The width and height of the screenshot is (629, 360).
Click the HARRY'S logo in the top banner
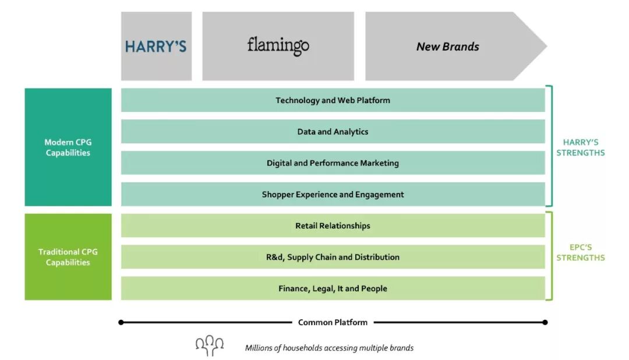tap(156, 47)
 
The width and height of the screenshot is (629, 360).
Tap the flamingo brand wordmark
tap(278, 45)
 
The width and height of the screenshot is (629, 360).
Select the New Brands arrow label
tap(447, 47)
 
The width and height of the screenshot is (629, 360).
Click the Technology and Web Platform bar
tap(333, 100)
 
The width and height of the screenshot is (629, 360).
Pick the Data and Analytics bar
tap(333, 132)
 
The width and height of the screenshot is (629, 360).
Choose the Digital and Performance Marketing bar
tap(333, 163)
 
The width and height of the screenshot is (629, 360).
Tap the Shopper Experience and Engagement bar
tap(333, 195)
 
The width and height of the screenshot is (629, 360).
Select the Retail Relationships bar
tap(333, 226)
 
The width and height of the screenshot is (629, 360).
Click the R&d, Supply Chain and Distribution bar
tap(333, 257)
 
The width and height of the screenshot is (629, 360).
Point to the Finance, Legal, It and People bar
tap(333, 289)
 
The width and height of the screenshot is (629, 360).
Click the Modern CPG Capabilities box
tap(68, 147)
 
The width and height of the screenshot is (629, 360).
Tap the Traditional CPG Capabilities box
tap(68, 257)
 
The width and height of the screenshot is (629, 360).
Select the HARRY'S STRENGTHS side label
tap(580, 147)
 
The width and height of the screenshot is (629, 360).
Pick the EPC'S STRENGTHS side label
tap(580, 252)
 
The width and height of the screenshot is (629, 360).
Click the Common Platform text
tap(333, 322)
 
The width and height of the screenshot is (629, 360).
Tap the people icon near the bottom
tap(210, 346)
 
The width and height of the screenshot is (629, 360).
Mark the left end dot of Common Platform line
tap(121, 322)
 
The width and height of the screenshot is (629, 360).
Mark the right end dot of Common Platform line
tap(545, 322)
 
